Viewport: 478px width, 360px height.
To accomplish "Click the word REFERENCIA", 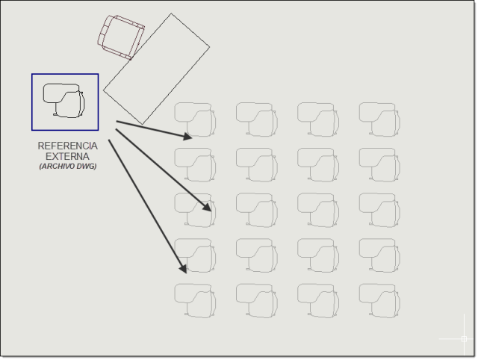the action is pos(68,146).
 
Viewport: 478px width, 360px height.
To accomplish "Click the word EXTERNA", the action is pos(67,156).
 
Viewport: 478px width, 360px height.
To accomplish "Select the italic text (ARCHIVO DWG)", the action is pos(68,166).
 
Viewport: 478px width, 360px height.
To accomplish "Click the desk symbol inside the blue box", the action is pos(64,101).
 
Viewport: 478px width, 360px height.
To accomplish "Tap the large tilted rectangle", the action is pos(156,69).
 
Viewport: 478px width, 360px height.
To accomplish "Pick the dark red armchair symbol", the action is pos(121,37).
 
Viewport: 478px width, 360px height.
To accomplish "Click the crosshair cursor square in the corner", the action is pos(464,338).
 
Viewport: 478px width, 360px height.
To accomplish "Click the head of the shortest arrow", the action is pos(187,136).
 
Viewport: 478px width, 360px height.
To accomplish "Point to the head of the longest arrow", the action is pos(183,268).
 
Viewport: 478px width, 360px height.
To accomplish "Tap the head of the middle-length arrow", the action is pos(207,207).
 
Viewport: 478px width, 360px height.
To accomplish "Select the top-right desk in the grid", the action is pos(379,120).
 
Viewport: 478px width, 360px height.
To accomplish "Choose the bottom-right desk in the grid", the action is pos(379,300).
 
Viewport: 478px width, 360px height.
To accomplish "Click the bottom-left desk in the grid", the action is pos(195,300).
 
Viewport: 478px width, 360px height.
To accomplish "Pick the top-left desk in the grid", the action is pos(195,120).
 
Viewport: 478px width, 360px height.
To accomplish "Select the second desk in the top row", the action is pos(257,120).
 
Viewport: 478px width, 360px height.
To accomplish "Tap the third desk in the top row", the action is pos(318,120).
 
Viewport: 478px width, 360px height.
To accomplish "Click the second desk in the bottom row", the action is pos(257,300).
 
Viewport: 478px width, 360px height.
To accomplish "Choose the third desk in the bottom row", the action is pos(318,300).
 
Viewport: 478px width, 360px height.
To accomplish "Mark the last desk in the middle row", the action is pos(379,210).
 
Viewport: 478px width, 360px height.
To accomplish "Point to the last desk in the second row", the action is pos(379,164).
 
